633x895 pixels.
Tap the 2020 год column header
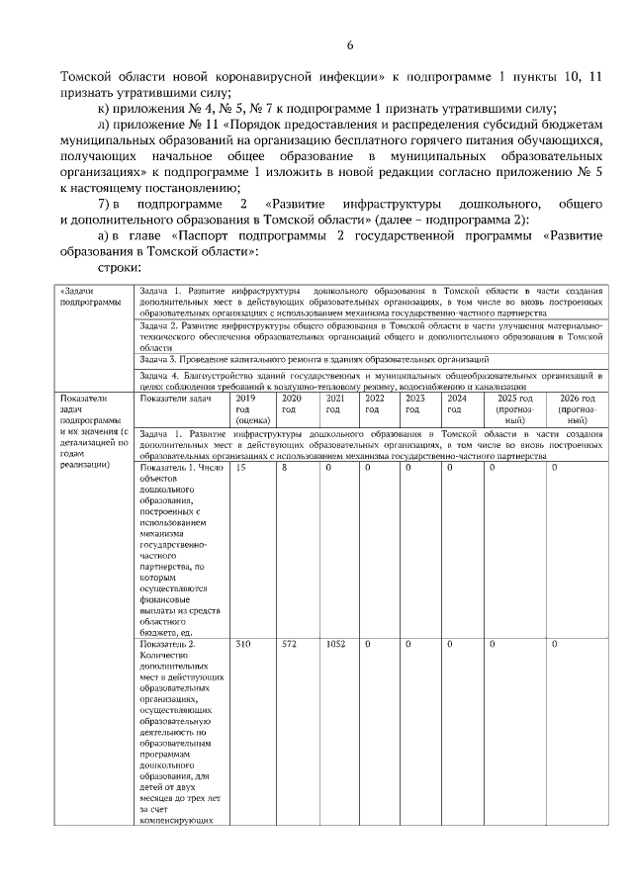click(290, 403)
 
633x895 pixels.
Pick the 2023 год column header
click(414, 403)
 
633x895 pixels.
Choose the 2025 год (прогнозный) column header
click(513, 407)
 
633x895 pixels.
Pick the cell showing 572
click(290, 644)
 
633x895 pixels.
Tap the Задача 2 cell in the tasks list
click(371, 335)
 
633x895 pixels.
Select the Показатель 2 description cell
click(182, 732)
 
